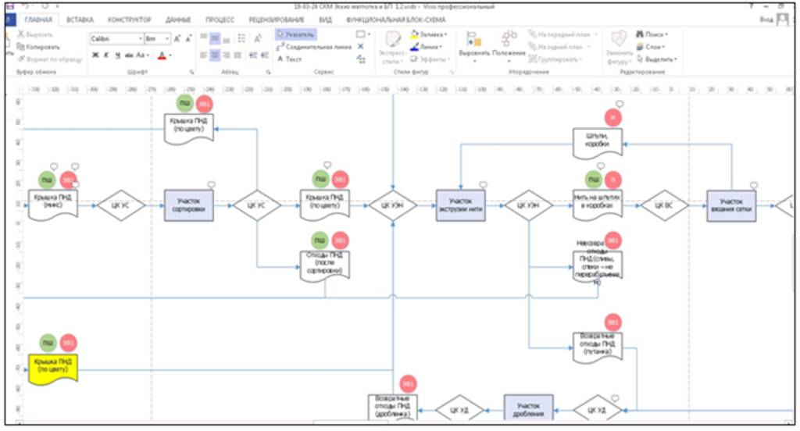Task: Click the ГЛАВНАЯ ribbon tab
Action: [x=39, y=19]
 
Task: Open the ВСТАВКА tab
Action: [x=82, y=19]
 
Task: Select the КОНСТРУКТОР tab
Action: [x=130, y=19]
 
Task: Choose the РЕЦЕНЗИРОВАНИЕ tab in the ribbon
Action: [x=279, y=19]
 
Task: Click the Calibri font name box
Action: [x=113, y=37]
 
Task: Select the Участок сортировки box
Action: [x=188, y=205]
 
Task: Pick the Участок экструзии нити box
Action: [x=460, y=205]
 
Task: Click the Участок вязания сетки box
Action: [x=731, y=205]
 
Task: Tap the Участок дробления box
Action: [x=528, y=409]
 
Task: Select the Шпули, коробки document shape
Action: [x=598, y=141]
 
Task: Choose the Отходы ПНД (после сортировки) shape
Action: [x=324, y=265]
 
